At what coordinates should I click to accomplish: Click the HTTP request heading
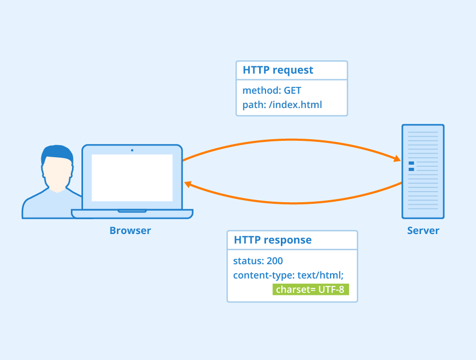tap(278, 70)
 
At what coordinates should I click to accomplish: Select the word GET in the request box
tap(292, 91)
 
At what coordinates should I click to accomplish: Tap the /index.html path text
tap(295, 105)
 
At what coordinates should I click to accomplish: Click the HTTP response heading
tap(272, 240)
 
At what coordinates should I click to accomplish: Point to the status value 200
tap(274, 261)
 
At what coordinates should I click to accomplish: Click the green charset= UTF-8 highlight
tap(310, 290)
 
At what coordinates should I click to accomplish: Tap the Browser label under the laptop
tap(130, 231)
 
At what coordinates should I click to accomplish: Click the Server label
tap(423, 231)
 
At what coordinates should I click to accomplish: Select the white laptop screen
tap(132, 177)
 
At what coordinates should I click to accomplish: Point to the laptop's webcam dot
tap(132, 150)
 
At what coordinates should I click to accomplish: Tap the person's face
tap(57, 172)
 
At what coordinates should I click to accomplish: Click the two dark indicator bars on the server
tap(411, 166)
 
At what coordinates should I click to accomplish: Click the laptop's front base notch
tap(132, 211)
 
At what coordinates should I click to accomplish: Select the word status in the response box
tap(247, 261)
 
